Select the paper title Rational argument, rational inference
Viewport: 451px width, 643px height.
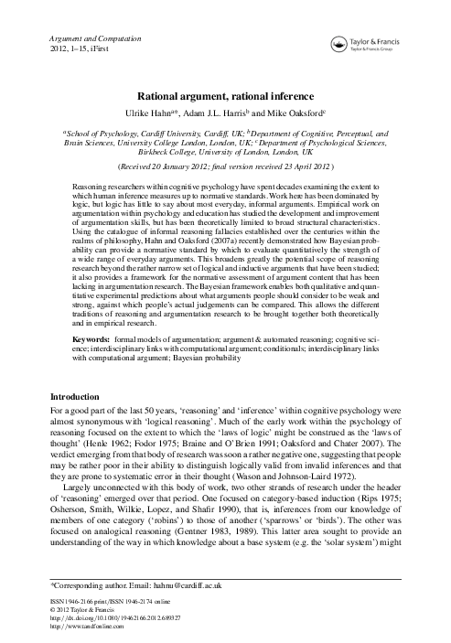pos(225,94)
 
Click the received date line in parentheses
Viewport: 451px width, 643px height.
pos(225,168)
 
